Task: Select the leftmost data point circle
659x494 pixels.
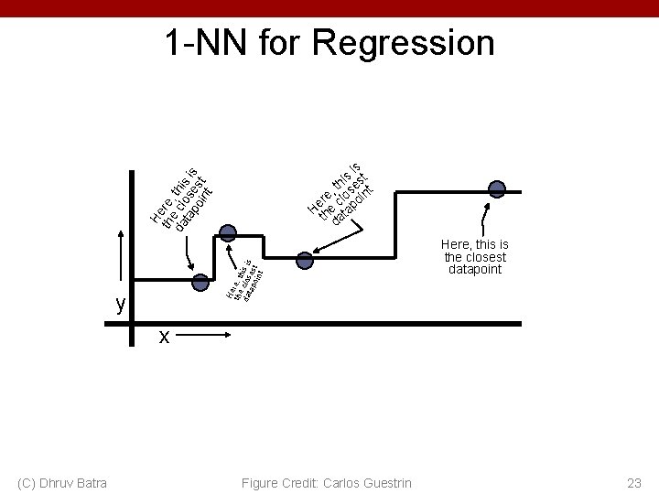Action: click(x=200, y=283)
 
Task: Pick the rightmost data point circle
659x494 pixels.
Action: click(x=497, y=190)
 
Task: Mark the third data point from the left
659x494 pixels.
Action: click(x=305, y=261)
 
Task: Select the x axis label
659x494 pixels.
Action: click(x=164, y=337)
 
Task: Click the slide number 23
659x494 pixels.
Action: click(x=632, y=482)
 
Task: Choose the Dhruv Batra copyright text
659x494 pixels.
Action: click(x=61, y=482)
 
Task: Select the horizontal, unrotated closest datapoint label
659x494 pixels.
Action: click(x=474, y=257)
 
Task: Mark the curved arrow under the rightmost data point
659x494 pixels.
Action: click(x=483, y=217)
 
